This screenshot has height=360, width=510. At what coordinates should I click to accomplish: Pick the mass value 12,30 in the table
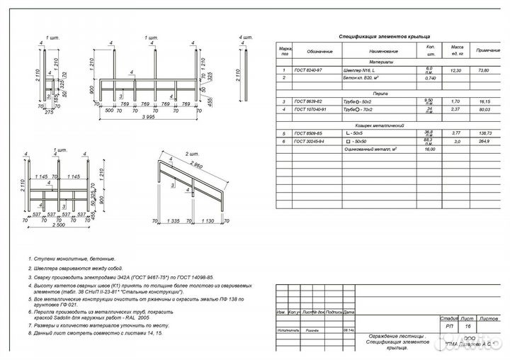pos(456,71)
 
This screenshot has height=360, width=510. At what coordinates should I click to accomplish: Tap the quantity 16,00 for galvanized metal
pos(429,149)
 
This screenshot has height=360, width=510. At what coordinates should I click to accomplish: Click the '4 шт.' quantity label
pos(245,36)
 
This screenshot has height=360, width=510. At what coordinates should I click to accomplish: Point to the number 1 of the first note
pos(30,260)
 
